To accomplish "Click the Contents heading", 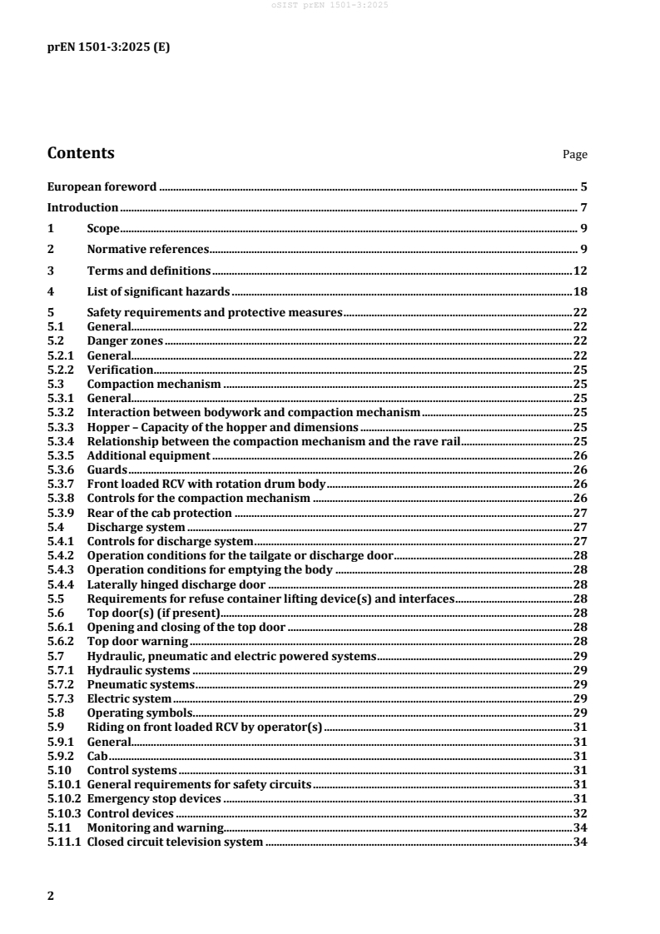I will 81,153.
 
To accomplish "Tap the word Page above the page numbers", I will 575,155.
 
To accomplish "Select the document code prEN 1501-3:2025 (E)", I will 108,47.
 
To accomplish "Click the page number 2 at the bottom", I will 51,896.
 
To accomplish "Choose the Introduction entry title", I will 82,207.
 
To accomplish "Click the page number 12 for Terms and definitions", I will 581,271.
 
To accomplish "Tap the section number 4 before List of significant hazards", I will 51,291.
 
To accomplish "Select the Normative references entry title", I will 147,249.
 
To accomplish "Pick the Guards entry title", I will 107,470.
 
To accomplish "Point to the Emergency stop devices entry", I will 154,798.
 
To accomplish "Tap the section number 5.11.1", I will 65,843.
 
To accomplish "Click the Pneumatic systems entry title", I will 141,684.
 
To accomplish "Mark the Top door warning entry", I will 138,641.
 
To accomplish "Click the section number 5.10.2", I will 65,798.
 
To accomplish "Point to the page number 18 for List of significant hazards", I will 581,291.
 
